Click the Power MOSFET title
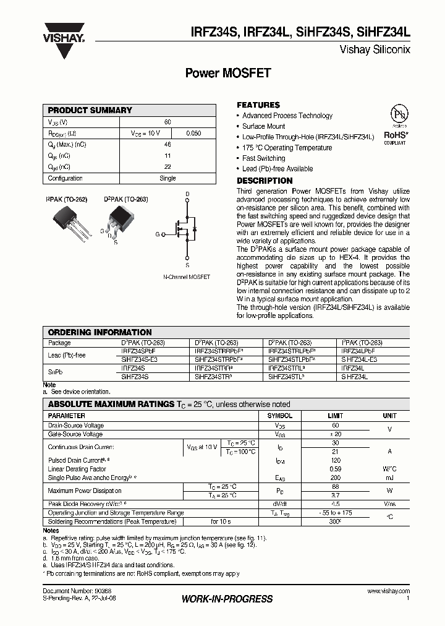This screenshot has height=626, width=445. click(x=228, y=72)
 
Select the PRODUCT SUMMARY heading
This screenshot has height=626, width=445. click(x=90, y=110)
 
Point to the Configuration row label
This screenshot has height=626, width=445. click(x=66, y=178)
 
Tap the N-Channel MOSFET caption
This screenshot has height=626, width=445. click(x=187, y=277)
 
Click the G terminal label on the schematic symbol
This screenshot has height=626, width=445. click(x=157, y=234)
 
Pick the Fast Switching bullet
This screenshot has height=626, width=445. click(x=263, y=158)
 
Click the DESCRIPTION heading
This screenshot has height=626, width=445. click(x=265, y=181)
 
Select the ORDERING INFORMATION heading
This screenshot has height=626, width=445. click(x=100, y=332)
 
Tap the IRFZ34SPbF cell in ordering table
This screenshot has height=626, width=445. click(x=138, y=350)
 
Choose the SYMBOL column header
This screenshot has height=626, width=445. click(x=279, y=416)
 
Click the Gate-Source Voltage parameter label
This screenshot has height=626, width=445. click(x=75, y=434)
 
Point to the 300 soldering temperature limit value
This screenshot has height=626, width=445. click(x=334, y=521)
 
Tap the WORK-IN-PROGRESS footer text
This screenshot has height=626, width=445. click(x=227, y=599)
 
